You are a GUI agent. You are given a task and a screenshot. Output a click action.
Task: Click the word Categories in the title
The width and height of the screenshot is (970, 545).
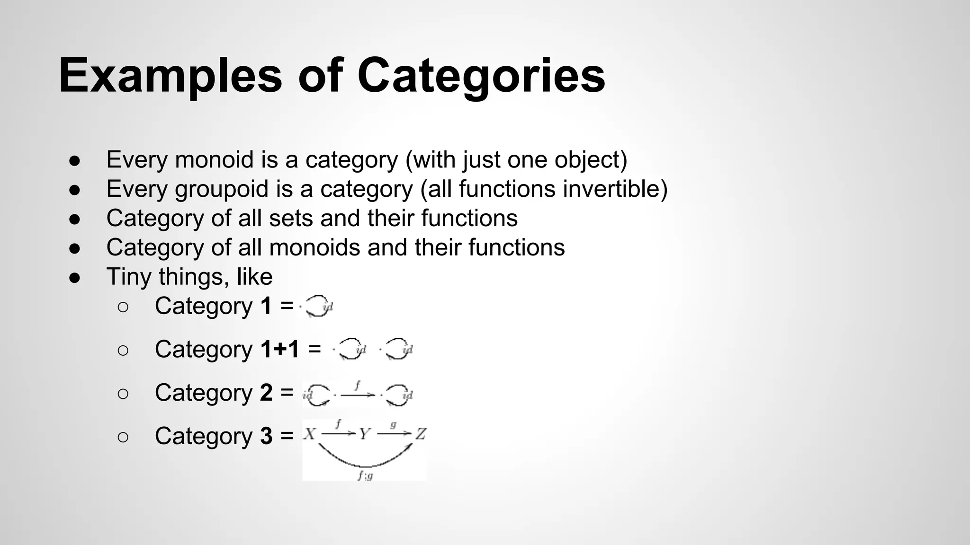click(x=481, y=76)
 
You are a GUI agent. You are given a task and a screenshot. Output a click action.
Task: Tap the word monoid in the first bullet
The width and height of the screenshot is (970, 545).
click(x=214, y=159)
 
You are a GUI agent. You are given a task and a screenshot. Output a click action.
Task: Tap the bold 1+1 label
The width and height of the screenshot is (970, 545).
click(x=280, y=350)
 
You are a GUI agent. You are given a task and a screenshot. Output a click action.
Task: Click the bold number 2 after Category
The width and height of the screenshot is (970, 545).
click(x=266, y=393)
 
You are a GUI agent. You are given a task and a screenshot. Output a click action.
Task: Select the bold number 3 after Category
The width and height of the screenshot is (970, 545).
click(x=266, y=436)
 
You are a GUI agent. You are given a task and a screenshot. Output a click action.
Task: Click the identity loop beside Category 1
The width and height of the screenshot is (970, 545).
click(x=317, y=306)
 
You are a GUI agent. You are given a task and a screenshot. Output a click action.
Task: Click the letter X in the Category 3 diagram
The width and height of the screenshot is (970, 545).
click(x=309, y=434)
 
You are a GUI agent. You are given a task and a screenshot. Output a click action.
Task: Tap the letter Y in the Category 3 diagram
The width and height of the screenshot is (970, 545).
click(x=364, y=434)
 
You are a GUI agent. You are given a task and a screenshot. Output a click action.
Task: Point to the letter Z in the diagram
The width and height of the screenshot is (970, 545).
click(x=421, y=434)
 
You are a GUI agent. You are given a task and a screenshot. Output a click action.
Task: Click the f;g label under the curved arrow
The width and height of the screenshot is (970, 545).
click(x=365, y=475)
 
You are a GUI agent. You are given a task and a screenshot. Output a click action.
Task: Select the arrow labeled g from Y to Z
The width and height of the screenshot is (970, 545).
click(x=394, y=433)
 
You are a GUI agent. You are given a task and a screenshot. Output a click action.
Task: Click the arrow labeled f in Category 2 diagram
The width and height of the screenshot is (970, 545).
click(x=357, y=394)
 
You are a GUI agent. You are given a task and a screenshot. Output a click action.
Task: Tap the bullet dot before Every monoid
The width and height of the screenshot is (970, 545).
click(x=74, y=160)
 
